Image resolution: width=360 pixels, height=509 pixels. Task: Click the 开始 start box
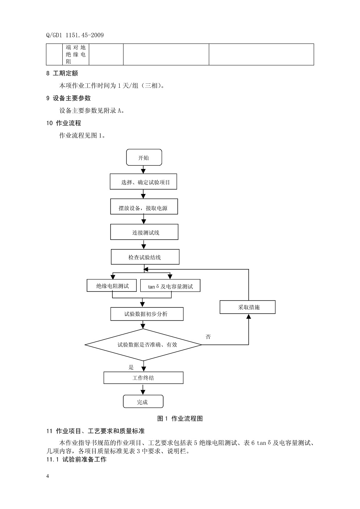coord(144,158)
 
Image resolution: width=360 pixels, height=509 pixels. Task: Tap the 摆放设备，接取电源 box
coord(144,208)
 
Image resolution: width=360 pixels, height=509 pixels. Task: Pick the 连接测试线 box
coord(144,232)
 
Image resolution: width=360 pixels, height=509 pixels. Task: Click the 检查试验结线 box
coord(144,257)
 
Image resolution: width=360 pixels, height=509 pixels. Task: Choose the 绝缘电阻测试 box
coord(112,286)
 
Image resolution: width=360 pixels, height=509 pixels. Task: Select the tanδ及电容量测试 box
coord(170,286)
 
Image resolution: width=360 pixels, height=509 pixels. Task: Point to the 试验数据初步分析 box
coord(146,314)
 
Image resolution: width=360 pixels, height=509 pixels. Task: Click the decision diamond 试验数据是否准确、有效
coord(144,344)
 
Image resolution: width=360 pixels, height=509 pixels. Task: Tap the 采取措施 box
coord(248,307)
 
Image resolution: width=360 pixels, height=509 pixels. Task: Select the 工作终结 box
coord(143,378)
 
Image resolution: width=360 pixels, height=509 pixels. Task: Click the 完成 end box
coord(143,402)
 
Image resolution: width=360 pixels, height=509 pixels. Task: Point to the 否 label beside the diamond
coord(208,337)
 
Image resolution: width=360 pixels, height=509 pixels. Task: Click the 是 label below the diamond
coord(131,367)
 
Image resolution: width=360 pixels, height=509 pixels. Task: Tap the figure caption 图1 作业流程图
coord(180,418)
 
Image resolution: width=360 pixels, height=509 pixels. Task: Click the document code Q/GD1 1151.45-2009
coord(75,35)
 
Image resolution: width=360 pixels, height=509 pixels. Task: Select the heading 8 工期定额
coord(62,73)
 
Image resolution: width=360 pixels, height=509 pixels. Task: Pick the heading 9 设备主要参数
coord(69,98)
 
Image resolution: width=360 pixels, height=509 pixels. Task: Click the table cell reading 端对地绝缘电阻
coord(76,54)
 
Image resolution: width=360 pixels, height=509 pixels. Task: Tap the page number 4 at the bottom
coord(47,476)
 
